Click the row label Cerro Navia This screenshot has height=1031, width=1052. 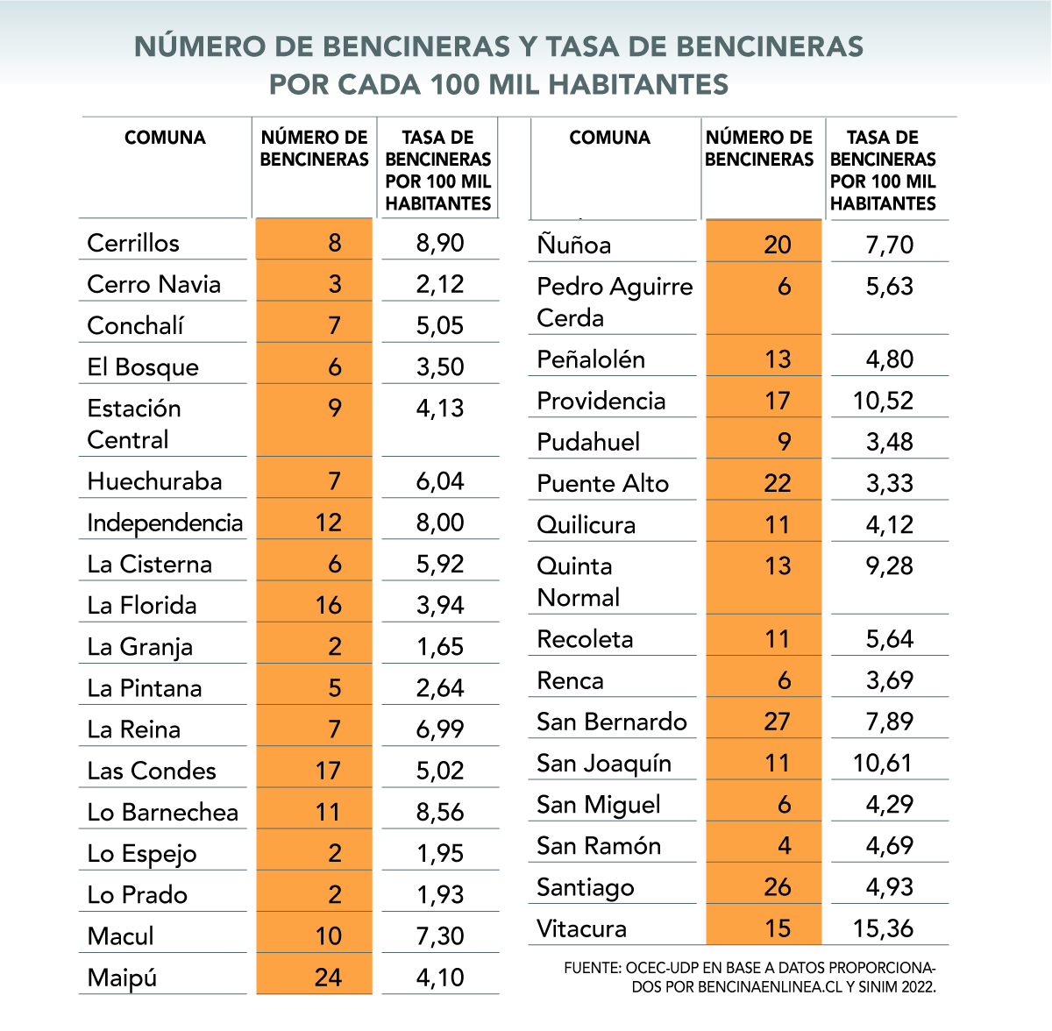153,284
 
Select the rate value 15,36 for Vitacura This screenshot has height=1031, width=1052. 883,928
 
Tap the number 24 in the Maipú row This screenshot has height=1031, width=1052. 328,977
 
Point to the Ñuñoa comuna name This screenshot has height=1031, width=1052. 574,245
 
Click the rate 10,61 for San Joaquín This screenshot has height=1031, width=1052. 883,763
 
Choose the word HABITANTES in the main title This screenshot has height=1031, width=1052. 638,84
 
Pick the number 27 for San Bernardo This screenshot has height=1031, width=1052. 777,722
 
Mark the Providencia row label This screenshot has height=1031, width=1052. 601,401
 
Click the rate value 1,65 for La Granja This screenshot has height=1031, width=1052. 440,647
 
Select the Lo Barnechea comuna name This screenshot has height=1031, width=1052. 163,812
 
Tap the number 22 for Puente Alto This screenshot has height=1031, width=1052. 777,483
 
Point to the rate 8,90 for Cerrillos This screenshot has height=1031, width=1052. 440,243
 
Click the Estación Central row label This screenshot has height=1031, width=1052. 134,423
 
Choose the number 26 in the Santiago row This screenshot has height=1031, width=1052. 777,887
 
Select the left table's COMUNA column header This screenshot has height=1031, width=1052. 165,138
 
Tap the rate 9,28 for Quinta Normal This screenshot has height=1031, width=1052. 889,566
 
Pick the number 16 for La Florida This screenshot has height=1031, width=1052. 328,605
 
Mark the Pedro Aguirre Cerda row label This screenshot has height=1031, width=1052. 614,302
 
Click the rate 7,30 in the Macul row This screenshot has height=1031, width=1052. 440,935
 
